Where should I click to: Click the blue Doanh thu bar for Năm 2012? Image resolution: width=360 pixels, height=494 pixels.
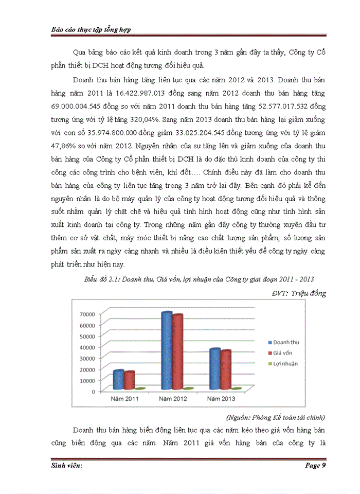click(166, 351)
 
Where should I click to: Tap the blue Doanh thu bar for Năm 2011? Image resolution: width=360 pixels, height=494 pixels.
click(118, 380)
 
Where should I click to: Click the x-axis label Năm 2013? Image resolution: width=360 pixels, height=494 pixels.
click(222, 399)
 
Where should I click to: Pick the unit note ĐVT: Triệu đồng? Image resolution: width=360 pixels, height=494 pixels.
click(298, 293)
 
